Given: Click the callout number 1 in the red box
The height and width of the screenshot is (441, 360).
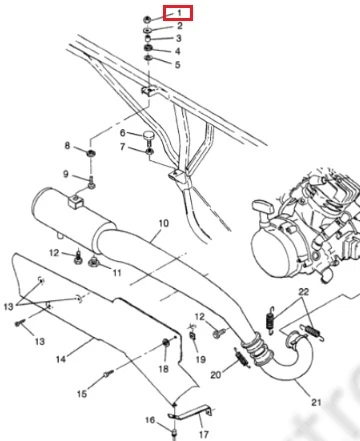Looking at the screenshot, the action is [x=180, y=13].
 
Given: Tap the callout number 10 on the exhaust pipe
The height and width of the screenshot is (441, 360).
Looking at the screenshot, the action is [x=164, y=223].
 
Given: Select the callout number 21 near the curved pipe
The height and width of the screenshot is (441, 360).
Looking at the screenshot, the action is [x=316, y=402].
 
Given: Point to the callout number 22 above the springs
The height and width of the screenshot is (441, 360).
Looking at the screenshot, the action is [x=304, y=292].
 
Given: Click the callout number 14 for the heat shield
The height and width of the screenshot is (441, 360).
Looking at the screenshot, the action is [x=61, y=359].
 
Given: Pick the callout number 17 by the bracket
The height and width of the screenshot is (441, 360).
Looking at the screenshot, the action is [x=204, y=434].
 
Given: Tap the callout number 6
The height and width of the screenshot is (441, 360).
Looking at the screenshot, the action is [x=123, y=133].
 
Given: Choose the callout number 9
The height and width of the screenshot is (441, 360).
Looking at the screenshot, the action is [x=66, y=174].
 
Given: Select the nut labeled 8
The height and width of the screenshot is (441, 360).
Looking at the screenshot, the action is [x=90, y=154].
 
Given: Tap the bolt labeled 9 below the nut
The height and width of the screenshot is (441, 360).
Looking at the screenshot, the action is [x=92, y=183].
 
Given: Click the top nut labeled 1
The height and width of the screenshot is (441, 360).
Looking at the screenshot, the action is [x=147, y=20].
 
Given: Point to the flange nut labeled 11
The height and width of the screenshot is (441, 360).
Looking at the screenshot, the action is [x=94, y=262].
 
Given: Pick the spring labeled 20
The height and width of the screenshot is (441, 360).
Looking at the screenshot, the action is [x=243, y=358].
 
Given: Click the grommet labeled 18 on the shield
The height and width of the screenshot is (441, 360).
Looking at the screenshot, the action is [x=165, y=342].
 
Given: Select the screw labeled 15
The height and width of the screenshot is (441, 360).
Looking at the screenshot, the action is [x=108, y=374].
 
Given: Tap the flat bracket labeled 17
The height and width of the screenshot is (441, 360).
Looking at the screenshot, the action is [x=190, y=414].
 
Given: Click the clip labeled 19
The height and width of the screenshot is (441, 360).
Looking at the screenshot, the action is [x=192, y=335].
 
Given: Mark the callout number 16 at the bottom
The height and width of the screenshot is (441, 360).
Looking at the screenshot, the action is [x=150, y=420].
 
